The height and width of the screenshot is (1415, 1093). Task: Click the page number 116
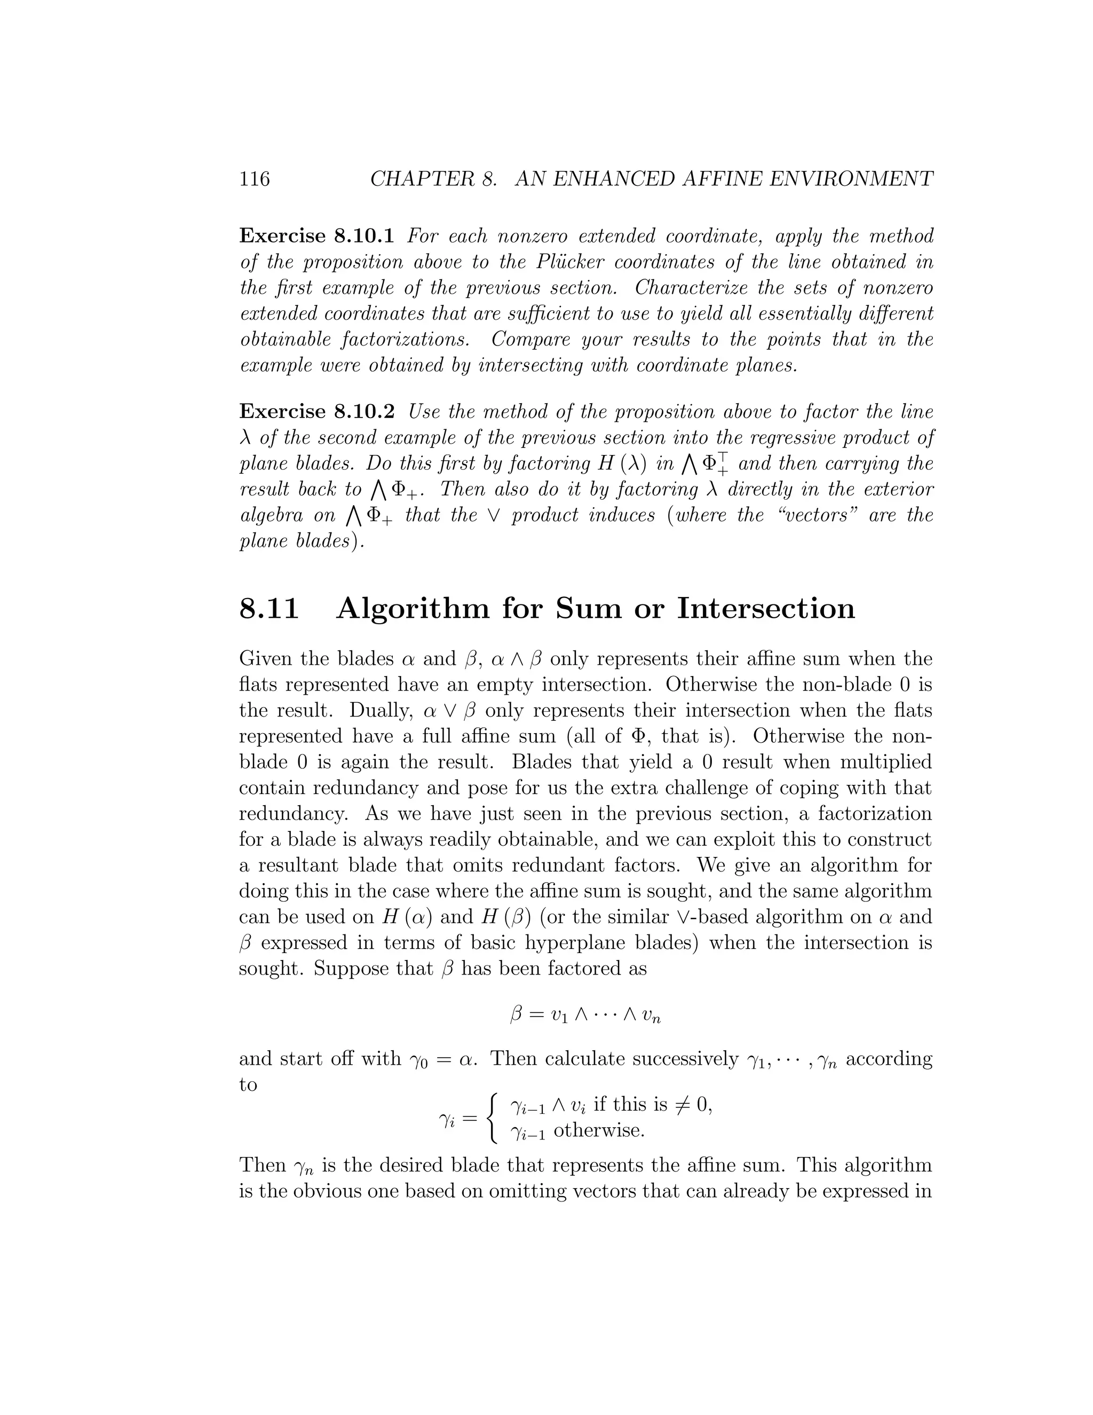point(255,178)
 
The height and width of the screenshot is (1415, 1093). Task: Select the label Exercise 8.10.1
point(316,236)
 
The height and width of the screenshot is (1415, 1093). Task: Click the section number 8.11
point(270,608)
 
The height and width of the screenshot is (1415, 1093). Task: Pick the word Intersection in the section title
point(766,608)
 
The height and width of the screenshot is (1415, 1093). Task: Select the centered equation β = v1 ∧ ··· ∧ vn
point(585,1015)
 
